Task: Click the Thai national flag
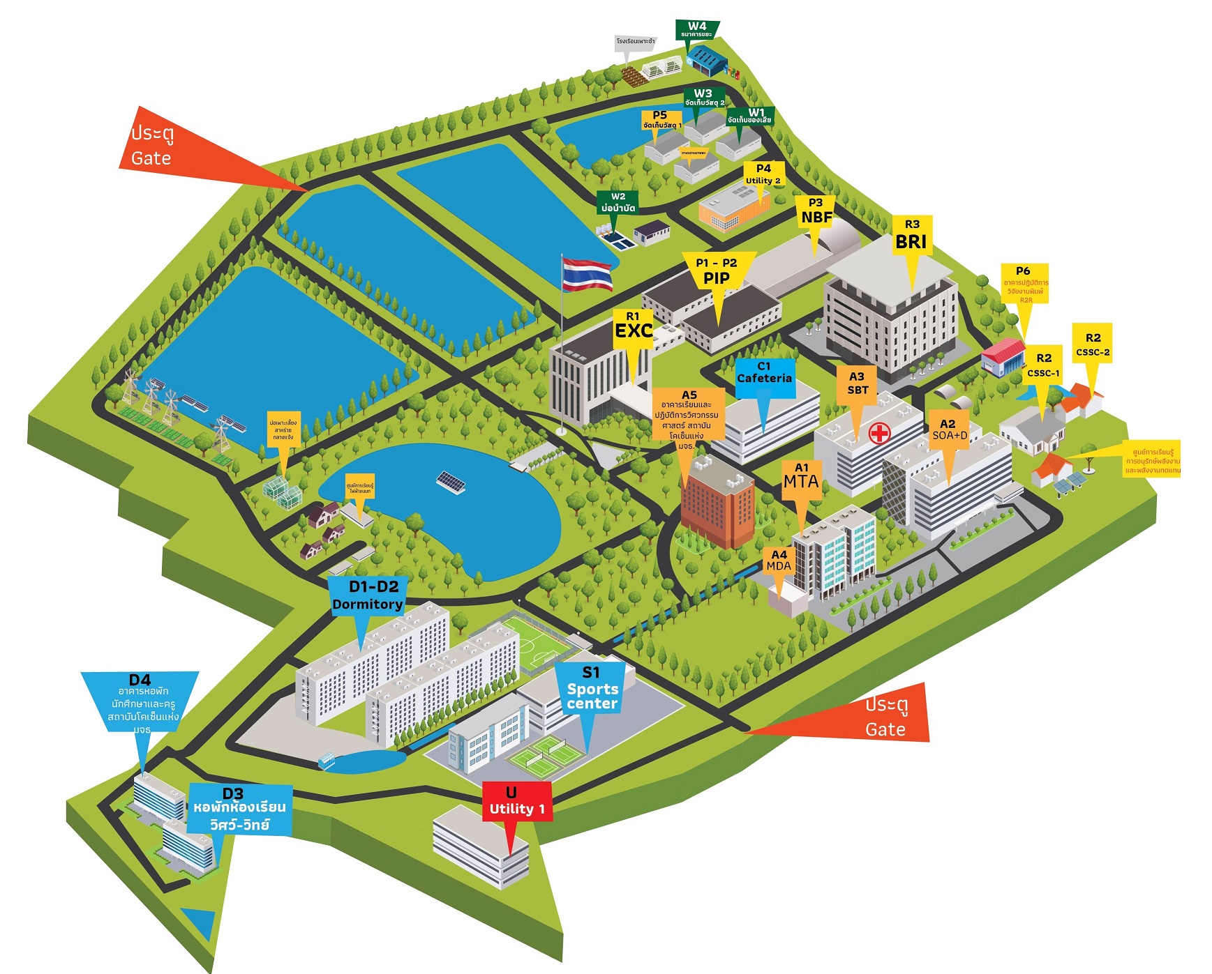coord(587,273)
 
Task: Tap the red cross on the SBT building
coord(879,433)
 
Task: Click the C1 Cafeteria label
coord(764,373)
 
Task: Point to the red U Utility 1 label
coord(516,802)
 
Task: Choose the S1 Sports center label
coord(592,689)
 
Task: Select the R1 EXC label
coord(633,326)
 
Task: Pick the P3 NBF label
coord(816,211)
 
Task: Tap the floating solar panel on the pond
coord(451,481)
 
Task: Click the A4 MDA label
coord(779,561)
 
